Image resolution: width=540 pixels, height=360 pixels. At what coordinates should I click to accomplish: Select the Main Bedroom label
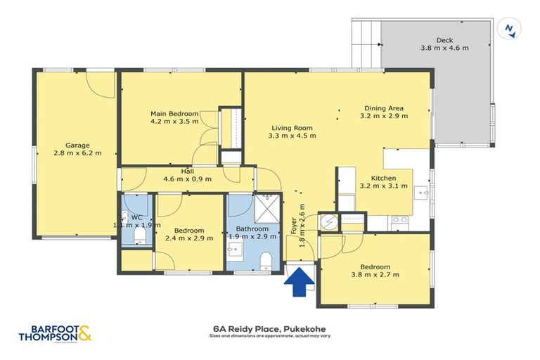(x=174, y=113)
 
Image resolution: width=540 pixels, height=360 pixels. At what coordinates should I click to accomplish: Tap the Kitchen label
(x=384, y=178)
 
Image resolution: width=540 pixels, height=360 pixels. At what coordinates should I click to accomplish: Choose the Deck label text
(x=444, y=40)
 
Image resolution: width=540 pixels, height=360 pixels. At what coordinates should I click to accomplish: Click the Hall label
(x=187, y=171)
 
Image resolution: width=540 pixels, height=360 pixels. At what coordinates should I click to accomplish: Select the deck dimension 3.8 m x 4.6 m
(x=444, y=48)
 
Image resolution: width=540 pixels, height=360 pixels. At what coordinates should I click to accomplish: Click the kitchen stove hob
(x=399, y=220)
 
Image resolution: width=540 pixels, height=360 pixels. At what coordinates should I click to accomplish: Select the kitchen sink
(x=420, y=191)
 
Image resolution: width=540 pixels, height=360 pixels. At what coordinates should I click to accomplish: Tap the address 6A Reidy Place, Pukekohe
(x=269, y=328)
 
